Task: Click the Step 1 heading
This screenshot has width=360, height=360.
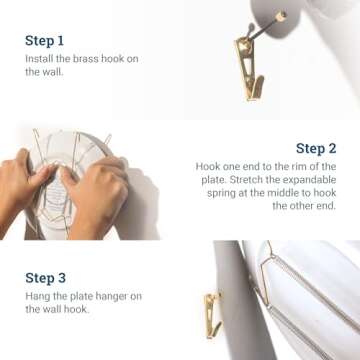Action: point(45,41)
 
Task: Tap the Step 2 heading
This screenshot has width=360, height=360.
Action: point(315,148)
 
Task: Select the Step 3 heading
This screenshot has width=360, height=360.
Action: point(46,278)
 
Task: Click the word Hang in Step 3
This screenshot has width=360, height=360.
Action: point(36,296)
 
